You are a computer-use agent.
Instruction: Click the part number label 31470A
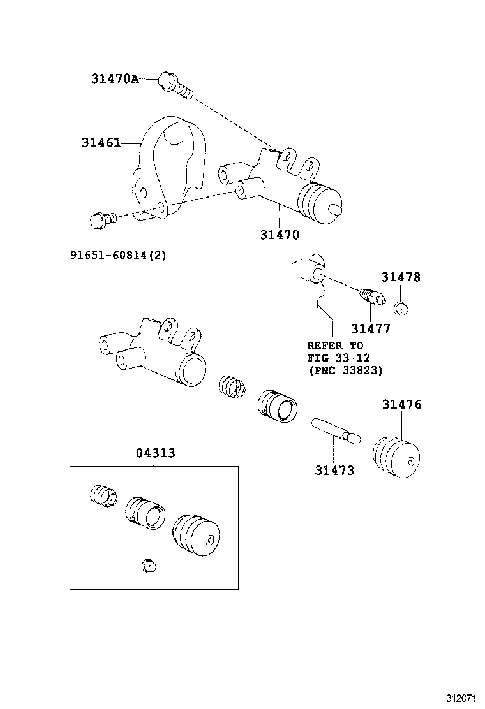pyautogui.click(x=114, y=79)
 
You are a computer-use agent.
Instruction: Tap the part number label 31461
pyautogui.click(x=101, y=143)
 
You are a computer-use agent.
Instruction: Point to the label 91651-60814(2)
pyautogui.click(x=118, y=255)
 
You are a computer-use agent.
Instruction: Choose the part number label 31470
pyautogui.click(x=279, y=234)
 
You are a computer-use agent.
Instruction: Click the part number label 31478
pyautogui.click(x=401, y=277)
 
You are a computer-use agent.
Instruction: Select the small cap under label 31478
pyautogui.click(x=401, y=308)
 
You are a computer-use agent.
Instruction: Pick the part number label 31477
pyautogui.click(x=370, y=328)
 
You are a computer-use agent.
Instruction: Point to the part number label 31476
pyautogui.click(x=401, y=404)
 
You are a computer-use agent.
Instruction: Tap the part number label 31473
pyautogui.click(x=334, y=471)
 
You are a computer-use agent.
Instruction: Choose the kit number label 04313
pyautogui.click(x=155, y=453)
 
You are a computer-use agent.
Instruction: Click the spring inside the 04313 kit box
pyautogui.click(x=102, y=495)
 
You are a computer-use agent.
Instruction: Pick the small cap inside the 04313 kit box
pyautogui.click(x=148, y=565)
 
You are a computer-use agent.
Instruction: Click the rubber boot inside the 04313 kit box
pyautogui.click(x=196, y=532)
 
